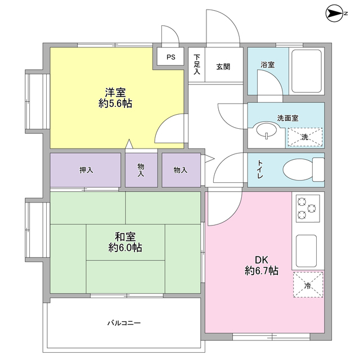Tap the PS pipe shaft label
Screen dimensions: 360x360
coord(170,57)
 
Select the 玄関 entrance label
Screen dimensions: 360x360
coord(224,65)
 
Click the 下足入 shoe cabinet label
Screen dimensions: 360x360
coord(197,65)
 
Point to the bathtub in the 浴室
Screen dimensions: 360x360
coord(307,71)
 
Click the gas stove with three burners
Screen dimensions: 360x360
coord(307,208)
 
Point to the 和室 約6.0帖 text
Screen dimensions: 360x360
coord(125,242)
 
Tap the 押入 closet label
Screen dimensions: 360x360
coord(86,170)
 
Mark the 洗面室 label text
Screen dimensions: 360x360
coord(287,119)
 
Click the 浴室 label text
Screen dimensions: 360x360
coord(268,65)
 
